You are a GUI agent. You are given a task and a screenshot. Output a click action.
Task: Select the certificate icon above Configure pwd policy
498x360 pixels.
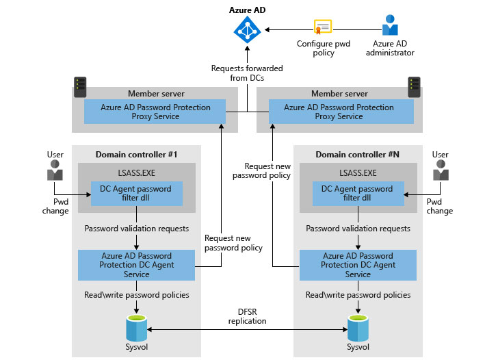pyautogui.click(x=323, y=27)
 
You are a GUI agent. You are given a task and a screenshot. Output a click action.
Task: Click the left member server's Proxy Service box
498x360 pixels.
pyautogui.click(x=154, y=112)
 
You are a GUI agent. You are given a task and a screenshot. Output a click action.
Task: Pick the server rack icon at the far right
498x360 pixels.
pyautogui.click(x=413, y=87)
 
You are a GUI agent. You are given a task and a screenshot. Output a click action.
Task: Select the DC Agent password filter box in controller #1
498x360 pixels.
pyautogui.click(x=137, y=193)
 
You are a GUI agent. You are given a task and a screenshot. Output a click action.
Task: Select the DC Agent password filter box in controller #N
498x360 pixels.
pyautogui.click(x=358, y=193)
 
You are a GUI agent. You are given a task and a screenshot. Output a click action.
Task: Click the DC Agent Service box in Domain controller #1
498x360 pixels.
pyautogui.click(x=136, y=265)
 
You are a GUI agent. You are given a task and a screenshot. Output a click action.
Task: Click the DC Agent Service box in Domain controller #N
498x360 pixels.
pyautogui.click(x=358, y=265)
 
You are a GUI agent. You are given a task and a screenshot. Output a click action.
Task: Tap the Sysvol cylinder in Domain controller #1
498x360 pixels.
pyautogui.click(x=137, y=326)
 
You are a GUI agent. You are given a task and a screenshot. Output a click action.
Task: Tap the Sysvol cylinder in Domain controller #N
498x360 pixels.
pyautogui.click(x=358, y=326)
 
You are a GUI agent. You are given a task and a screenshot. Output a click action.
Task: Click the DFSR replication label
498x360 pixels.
pyautogui.click(x=248, y=316)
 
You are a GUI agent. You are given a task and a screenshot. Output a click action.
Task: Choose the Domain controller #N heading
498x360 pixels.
pyautogui.click(x=358, y=154)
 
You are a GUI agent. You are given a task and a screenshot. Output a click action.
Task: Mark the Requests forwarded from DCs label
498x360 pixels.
pyautogui.click(x=247, y=73)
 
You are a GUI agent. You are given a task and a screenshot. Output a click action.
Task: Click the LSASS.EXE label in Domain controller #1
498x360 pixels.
pyautogui.click(x=136, y=173)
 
